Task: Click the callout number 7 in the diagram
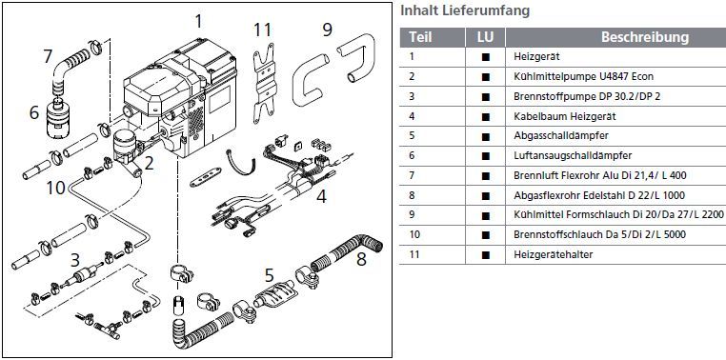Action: click(x=48, y=57)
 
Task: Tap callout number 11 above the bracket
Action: click(x=262, y=30)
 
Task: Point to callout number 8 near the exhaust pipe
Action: click(x=361, y=259)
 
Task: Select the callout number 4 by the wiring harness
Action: click(x=321, y=196)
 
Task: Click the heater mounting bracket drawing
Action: click(x=264, y=84)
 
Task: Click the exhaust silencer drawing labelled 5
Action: click(x=274, y=293)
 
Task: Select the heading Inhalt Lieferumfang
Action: click(x=465, y=10)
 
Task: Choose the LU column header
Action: click(x=485, y=37)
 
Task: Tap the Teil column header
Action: click(x=420, y=37)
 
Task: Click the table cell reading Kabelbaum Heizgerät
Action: click(x=564, y=116)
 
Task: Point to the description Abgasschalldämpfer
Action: click(x=561, y=135)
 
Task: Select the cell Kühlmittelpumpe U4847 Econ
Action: click(x=583, y=77)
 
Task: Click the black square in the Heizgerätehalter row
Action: click(x=485, y=254)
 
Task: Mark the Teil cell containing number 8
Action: click(x=413, y=196)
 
